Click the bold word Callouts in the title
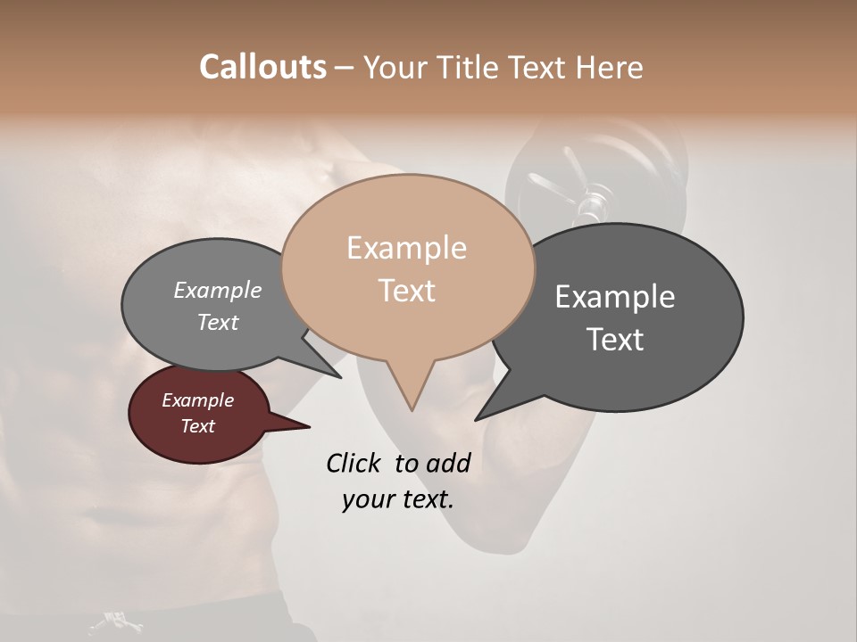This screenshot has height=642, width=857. pyautogui.click(x=262, y=67)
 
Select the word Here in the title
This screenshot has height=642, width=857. pyautogui.click(x=609, y=67)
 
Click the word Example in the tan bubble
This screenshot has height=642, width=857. pyautogui.click(x=406, y=248)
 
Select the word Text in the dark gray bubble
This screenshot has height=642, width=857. pyautogui.click(x=615, y=340)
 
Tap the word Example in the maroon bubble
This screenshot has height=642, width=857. pyautogui.click(x=197, y=400)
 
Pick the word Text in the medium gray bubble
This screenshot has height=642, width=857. pyautogui.click(x=218, y=323)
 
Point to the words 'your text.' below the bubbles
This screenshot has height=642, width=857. pyautogui.click(x=398, y=499)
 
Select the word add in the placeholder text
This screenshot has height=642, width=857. pyautogui.click(x=447, y=463)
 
